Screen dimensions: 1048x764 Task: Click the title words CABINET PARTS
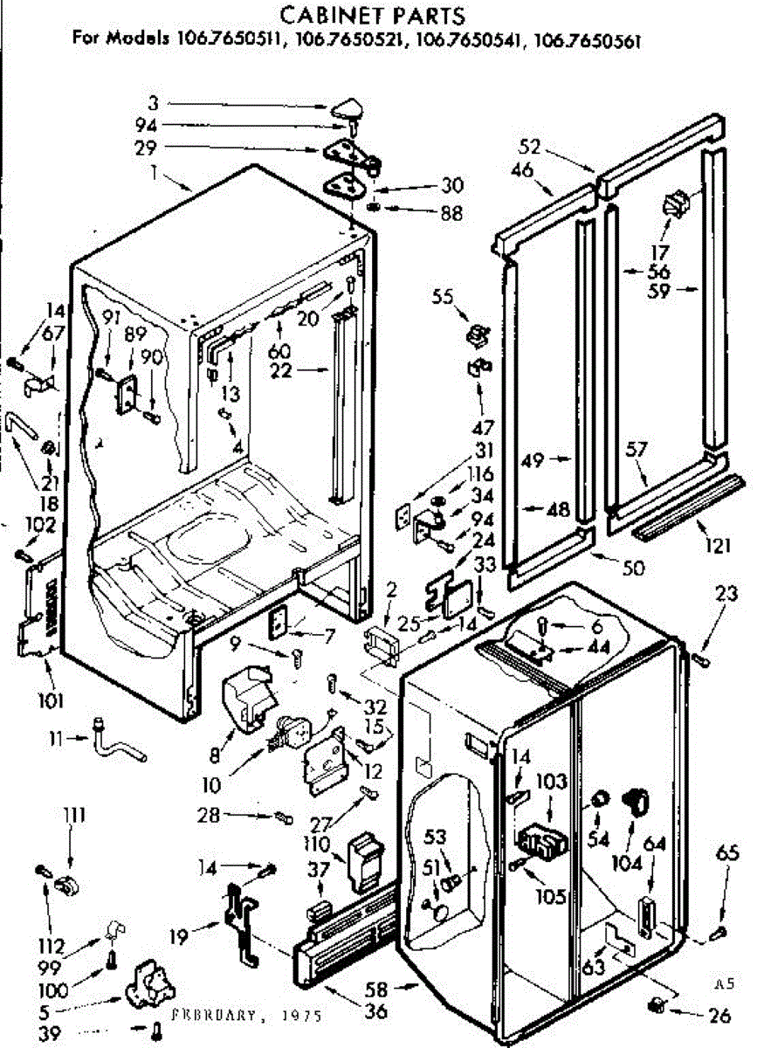click(x=371, y=15)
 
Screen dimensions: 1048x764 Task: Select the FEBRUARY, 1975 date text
click(x=246, y=1015)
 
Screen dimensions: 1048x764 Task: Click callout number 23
click(x=725, y=594)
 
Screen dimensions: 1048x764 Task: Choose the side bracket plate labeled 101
click(x=38, y=611)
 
